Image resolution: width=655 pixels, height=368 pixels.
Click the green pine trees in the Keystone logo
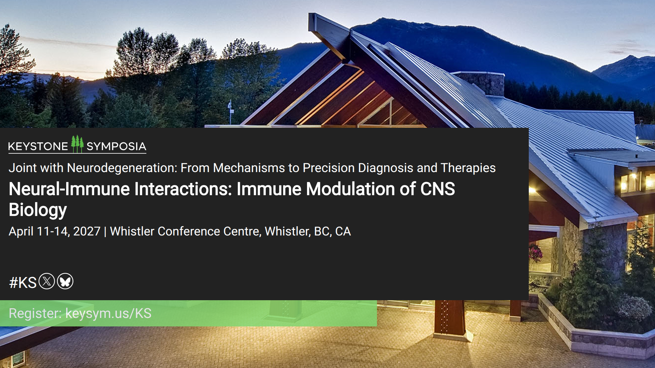(x=77, y=144)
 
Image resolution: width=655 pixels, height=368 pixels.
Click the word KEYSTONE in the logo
(x=38, y=147)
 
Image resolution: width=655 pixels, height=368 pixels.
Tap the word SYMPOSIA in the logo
(x=116, y=147)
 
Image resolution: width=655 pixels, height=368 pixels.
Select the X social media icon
(x=47, y=281)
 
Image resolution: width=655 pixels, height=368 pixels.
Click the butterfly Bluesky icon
(x=65, y=281)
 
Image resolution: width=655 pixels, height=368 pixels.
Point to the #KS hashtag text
(x=23, y=282)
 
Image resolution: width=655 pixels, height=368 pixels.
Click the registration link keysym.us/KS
(x=108, y=313)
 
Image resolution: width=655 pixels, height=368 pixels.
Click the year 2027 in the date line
(x=87, y=231)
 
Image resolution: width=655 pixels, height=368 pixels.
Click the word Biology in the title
(x=38, y=210)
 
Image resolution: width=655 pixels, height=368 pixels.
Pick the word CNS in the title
(x=438, y=189)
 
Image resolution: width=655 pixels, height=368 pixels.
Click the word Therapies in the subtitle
(x=468, y=168)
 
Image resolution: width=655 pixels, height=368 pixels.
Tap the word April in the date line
(x=21, y=231)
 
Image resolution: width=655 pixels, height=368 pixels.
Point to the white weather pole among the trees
(x=230, y=112)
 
